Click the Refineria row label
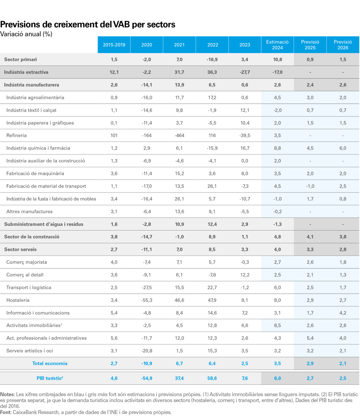point(16,135)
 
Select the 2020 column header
point(147,45)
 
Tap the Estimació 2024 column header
point(278,45)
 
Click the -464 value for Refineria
point(179,135)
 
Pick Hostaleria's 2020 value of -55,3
point(147,300)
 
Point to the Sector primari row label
point(20,60)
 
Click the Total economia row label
point(50,363)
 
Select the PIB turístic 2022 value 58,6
point(212,378)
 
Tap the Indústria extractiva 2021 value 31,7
point(179,72)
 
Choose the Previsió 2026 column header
point(343,45)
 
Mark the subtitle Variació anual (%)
point(26,34)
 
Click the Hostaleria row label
point(18,300)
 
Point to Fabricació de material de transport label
point(46,186)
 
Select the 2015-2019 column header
point(114,45)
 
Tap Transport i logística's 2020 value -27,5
point(147,287)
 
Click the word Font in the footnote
point(6,412)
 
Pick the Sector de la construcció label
point(32,237)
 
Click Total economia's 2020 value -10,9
point(147,363)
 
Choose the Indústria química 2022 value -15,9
point(212,148)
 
